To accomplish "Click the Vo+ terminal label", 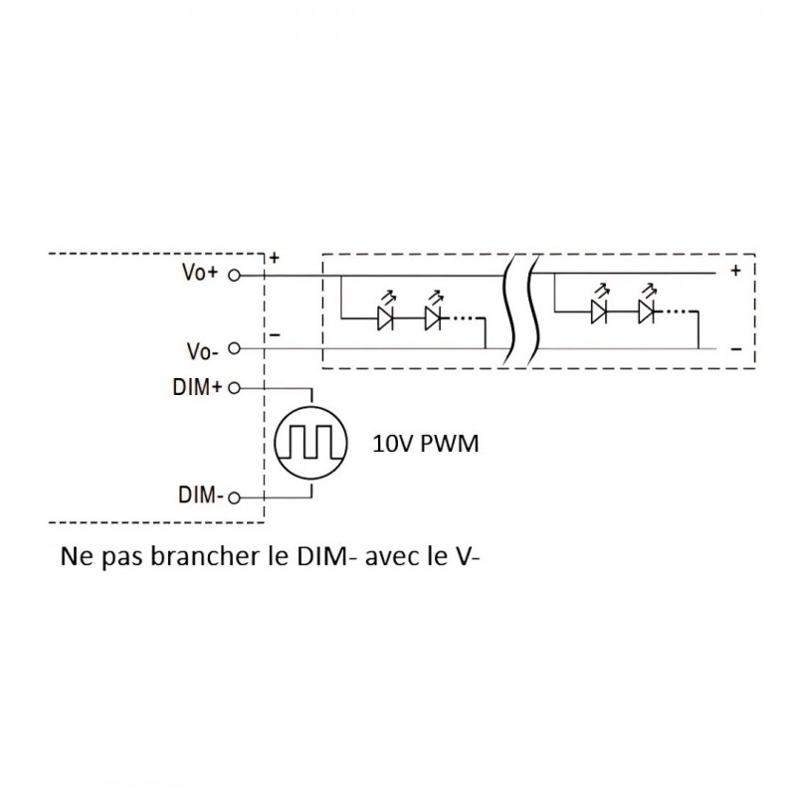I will pyautogui.click(x=200, y=273).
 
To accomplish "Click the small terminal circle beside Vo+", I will pyautogui.click(x=234, y=274).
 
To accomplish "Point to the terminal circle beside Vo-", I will pyautogui.click(x=234, y=349).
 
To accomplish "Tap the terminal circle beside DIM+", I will pyautogui.click(x=234, y=388).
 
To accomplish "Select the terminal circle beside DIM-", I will pyautogui.click(x=234, y=497).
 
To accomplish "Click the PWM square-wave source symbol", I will pyautogui.click(x=309, y=442).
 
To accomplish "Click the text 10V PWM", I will pyautogui.click(x=426, y=445).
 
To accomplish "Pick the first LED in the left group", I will pyautogui.click(x=387, y=318).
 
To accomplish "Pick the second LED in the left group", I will pyautogui.click(x=432, y=318).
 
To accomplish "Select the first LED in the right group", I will pyautogui.click(x=599, y=311).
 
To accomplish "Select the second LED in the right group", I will pyautogui.click(x=647, y=311).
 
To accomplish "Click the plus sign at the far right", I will pyautogui.click(x=736, y=271).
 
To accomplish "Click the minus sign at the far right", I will pyautogui.click(x=736, y=349).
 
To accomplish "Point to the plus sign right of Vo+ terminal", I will pyautogui.click(x=274, y=258).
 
